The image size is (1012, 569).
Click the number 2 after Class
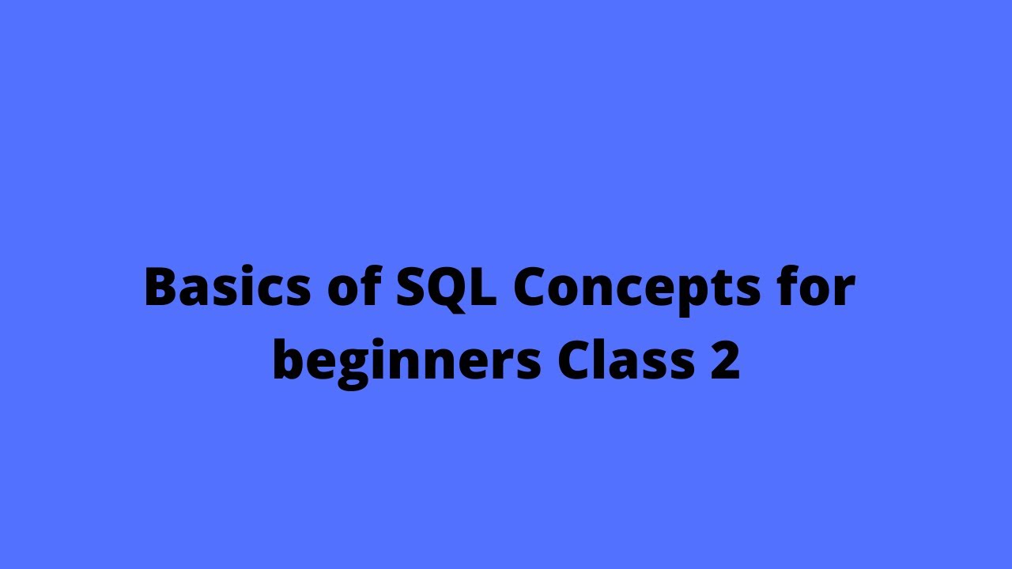click(725, 361)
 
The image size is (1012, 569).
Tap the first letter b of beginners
click(289, 361)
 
